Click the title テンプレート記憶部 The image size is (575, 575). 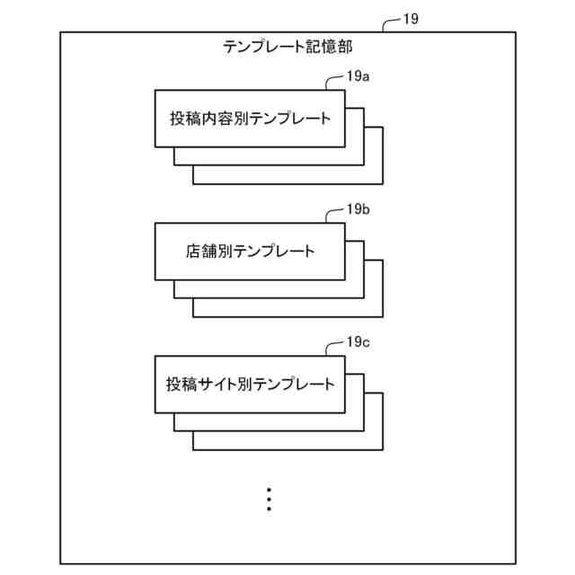pyautogui.click(x=293, y=48)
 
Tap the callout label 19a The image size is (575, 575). pyautogui.click(x=358, y=77)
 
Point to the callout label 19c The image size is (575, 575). pyautogui.click(x=358, y=343)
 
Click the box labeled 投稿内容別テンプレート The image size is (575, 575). pyautogui.click(x=250, y=119)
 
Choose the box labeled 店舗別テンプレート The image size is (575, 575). pyautogui.click(x=250, y=252)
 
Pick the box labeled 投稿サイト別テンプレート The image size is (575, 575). pyautogui.click(x=250, y=385)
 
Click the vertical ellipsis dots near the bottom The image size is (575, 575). pyautogui.click(x=269, y=500)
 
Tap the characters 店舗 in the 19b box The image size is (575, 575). pyautogui.click(x=201, y=252)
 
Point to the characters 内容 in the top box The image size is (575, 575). pyautogui.click(x=217, y=119)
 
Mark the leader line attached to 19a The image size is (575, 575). pyautogui.click(x=334, y=82)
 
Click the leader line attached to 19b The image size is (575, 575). pyautogui.click(x=334, y=215)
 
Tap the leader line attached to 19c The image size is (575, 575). pyautogui.click(x=334, y=348)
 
